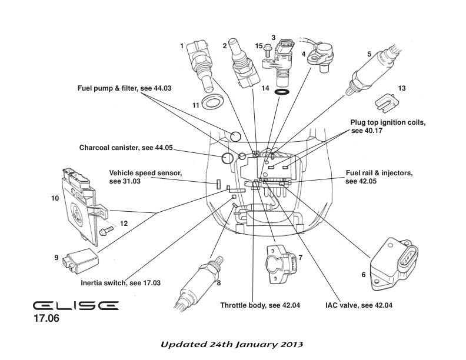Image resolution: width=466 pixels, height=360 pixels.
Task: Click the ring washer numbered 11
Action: pyautogui.click(x=212, y=104)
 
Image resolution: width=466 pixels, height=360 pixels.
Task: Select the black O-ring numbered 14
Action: pyautogui.click(x=282, y=92)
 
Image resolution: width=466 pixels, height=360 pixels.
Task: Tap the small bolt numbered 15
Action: pyautogui.click(x=267, y=53)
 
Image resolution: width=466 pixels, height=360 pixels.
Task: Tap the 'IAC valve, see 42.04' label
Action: pyautogui.click(x=358, y=306)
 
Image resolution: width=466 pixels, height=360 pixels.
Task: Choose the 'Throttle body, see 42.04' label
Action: pyautogui.click(x=260, y=306)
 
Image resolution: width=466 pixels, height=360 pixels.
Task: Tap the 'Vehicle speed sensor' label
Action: pyautogui.click(x=145, y=177)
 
